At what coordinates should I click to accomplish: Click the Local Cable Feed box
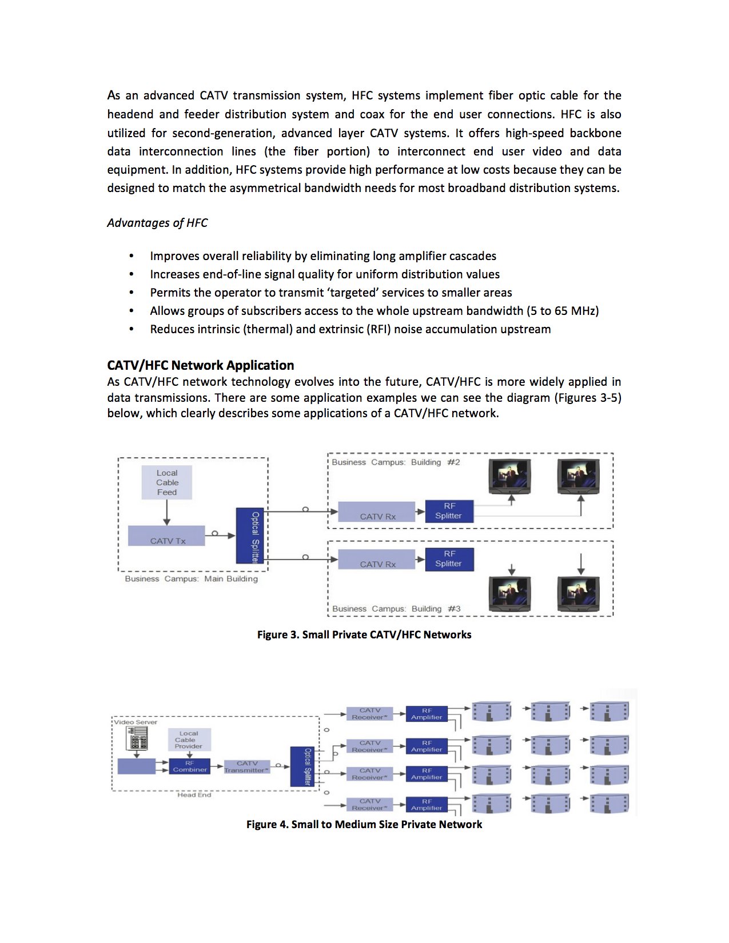(x=167, y=482)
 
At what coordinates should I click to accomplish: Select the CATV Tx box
(x=166, y=536)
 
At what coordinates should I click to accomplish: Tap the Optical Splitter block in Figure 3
(x=250, y=536)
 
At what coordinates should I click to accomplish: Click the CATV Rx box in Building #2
(x=377, y=512)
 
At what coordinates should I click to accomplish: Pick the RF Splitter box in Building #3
(x=449, y=559)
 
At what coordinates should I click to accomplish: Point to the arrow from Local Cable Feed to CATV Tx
(x=167, y=513)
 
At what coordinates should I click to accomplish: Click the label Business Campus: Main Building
(x=191, y=579)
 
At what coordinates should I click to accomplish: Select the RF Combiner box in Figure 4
(x=190, y=766)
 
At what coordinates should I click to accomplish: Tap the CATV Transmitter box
(x=246, y=766)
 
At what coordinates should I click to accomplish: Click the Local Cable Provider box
(x=189, y=740)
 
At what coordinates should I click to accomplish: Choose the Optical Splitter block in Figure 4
(x=304, y=766)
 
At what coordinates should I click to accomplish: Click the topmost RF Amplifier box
(x=427, y=714)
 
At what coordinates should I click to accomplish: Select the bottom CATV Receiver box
(x=369, y=805)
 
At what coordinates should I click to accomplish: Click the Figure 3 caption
(x=364, y=634)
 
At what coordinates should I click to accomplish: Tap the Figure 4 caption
(x=364, y=824)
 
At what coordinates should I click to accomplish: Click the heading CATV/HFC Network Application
(x=201, y=365)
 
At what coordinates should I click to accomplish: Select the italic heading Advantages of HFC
(x=157, y=223)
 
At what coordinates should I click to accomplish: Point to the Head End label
(x=194, y=795)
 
